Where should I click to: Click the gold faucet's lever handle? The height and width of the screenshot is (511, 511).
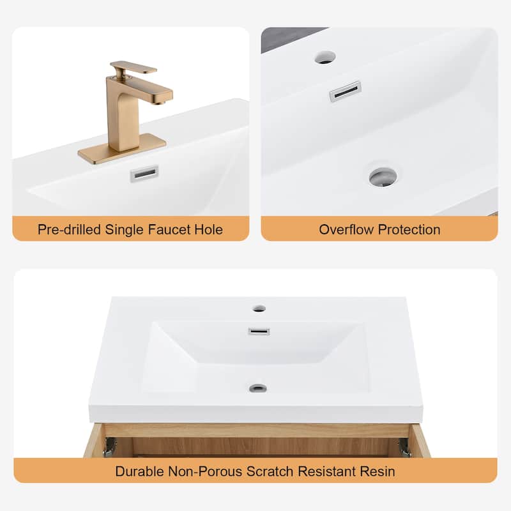click(x=133, y=68)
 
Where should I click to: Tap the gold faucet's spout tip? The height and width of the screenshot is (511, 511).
click(x=160, y=103)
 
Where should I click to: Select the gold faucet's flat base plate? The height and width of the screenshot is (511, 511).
click(x=122, y=149)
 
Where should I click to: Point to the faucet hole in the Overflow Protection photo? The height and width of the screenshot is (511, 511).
click(x=325, y=57)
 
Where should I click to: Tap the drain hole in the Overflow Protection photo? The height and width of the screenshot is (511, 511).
click(x=383, y=177)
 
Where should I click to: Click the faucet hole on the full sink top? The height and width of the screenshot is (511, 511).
click(x=259, y=309)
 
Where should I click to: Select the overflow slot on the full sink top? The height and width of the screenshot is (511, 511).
click(x=259, y=332)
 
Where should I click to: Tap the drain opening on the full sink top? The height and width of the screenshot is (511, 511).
click(x=258, y=388)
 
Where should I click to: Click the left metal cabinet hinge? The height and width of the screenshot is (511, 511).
click(x=110, y=446)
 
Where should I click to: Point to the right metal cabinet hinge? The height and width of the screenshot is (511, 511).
click(x=404, y=448)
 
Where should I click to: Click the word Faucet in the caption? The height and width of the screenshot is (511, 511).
click(x=169, y=230)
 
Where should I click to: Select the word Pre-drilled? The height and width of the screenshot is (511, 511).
click(x=69, y=230)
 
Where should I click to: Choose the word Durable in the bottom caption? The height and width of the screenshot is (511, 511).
click(x=139, y=471)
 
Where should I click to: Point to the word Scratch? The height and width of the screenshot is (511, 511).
click(x=270, y=471)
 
